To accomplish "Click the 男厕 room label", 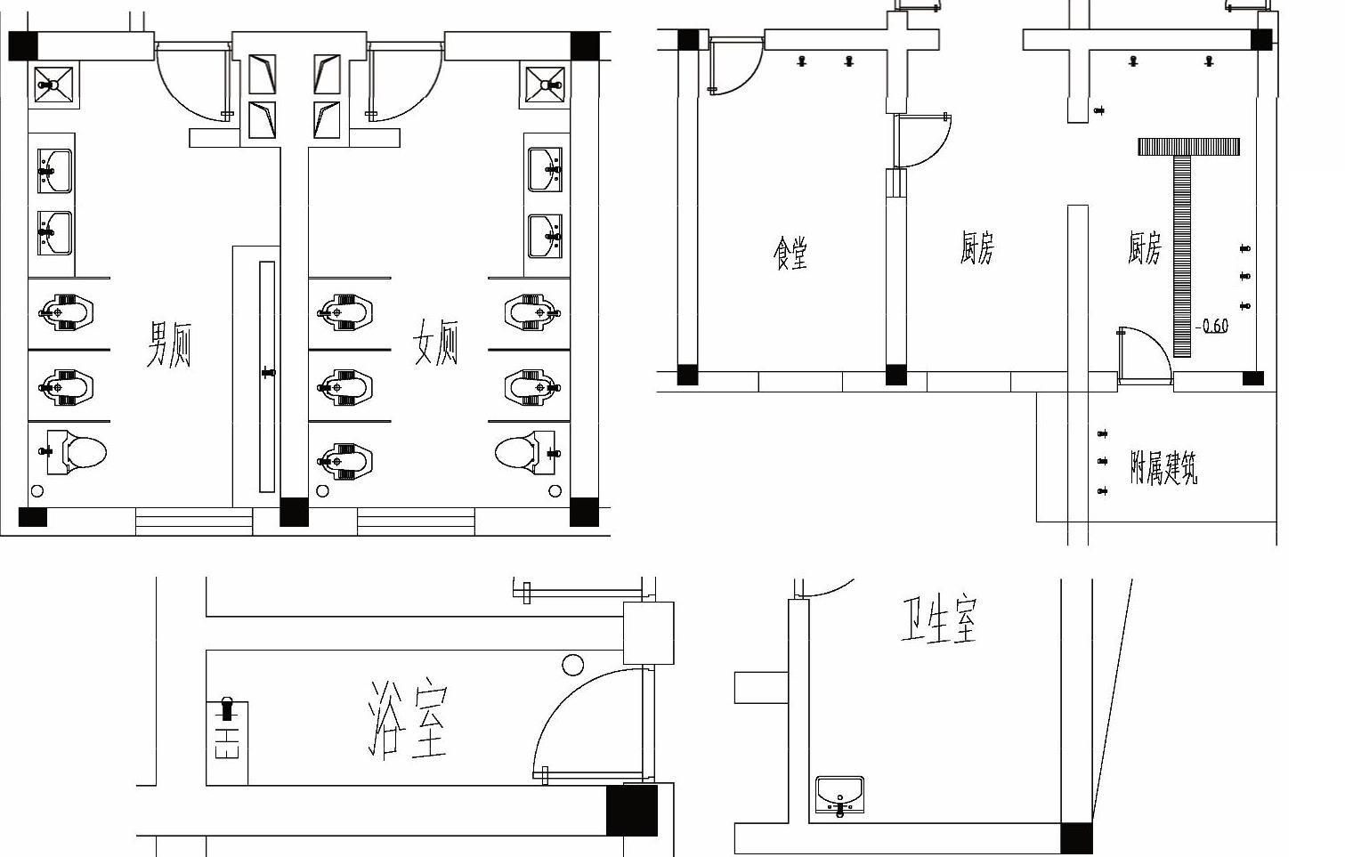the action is [x=169, y=344].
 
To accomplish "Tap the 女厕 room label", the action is [x=435, y=342].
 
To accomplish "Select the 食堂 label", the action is [x=790, y=254].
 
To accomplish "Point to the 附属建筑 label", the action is [x=1163, y=467].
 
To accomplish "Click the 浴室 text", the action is [x=408, y=720].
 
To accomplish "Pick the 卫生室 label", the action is [x=939, y=619].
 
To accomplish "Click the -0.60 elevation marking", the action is [x=1211, y=326].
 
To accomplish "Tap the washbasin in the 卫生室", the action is [x=839, y=796].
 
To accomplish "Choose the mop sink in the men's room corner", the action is [x=53, y=85].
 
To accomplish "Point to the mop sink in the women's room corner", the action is [x=545, y=85].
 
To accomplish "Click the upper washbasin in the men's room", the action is [x=54, y=171].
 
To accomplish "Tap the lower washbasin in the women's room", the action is [x=545, y=237].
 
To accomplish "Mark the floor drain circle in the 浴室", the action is [x=573, y=665].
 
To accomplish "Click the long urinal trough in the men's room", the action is [x=267, y=377].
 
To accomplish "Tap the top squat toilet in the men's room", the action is [x=66, y=312].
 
